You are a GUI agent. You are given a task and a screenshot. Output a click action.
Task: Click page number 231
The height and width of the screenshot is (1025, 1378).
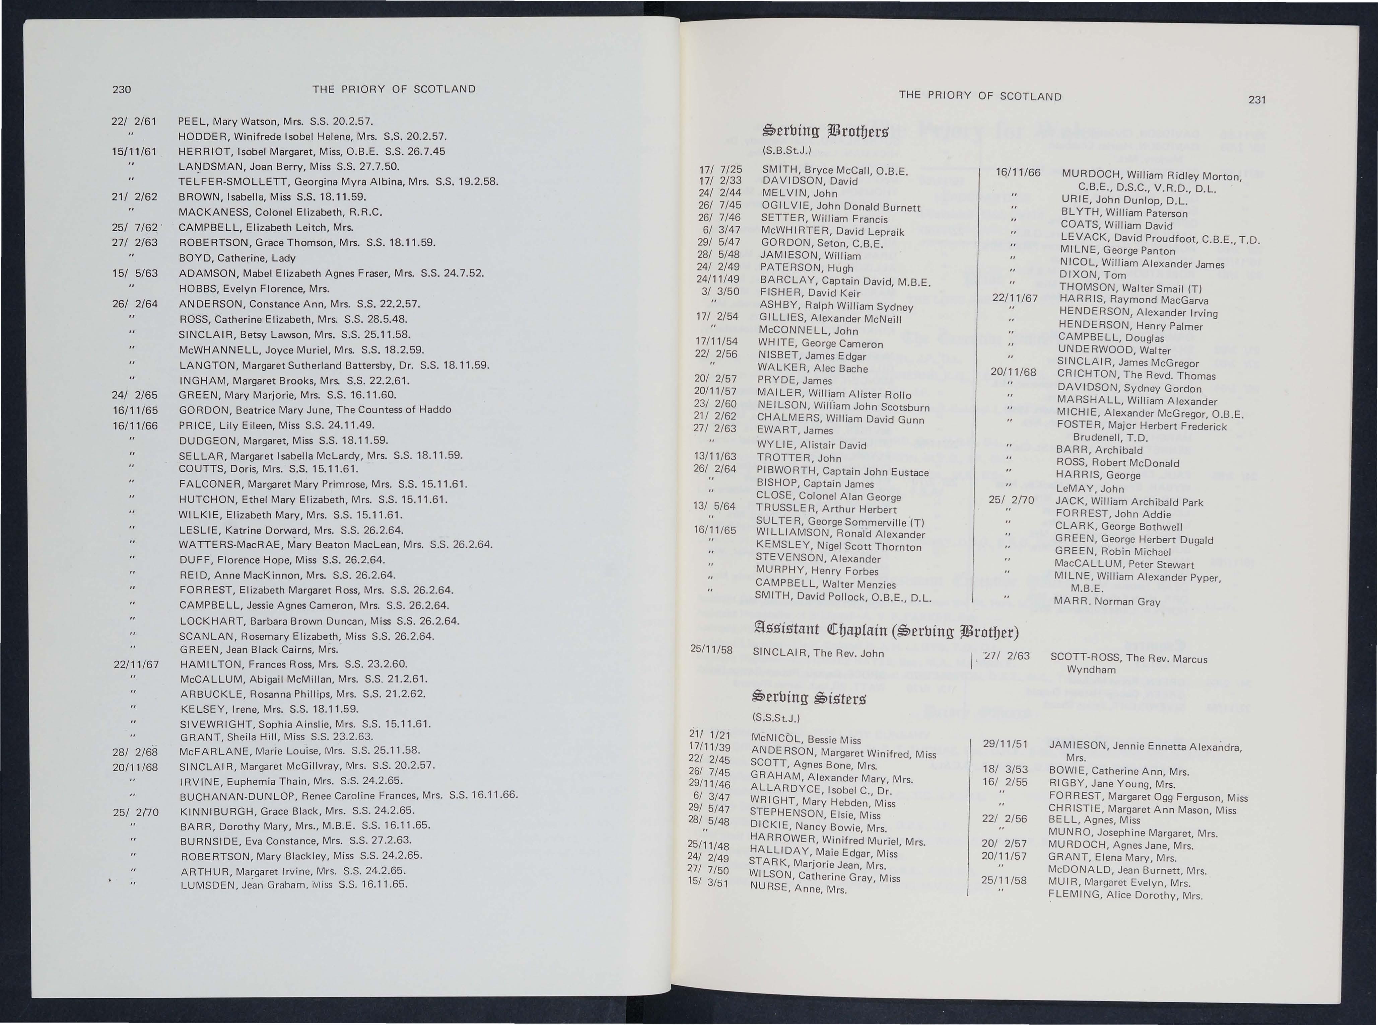pos(1257,100)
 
